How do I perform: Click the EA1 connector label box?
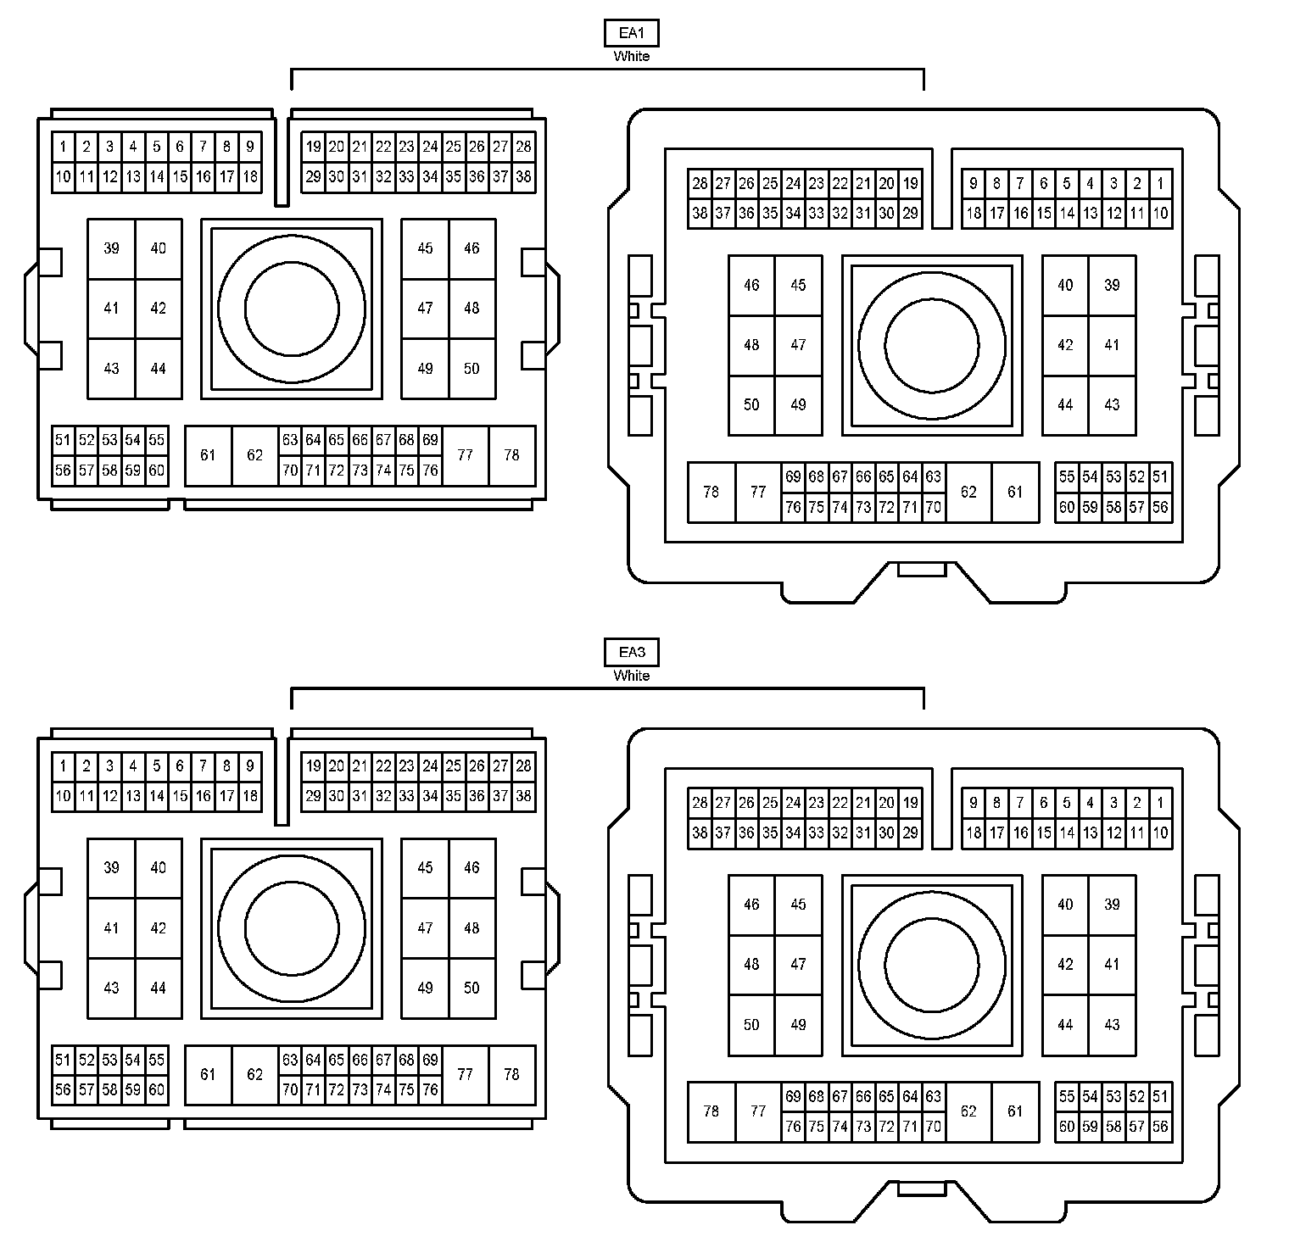631,33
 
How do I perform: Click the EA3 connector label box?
631,653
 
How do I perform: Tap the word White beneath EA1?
632,57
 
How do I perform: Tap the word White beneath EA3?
632,677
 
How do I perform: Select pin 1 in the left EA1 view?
64,147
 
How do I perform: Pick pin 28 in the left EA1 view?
524,147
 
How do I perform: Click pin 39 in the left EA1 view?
112,248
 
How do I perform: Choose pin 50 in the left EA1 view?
472,369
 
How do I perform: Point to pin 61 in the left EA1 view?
209,455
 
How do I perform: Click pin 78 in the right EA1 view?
711,493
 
